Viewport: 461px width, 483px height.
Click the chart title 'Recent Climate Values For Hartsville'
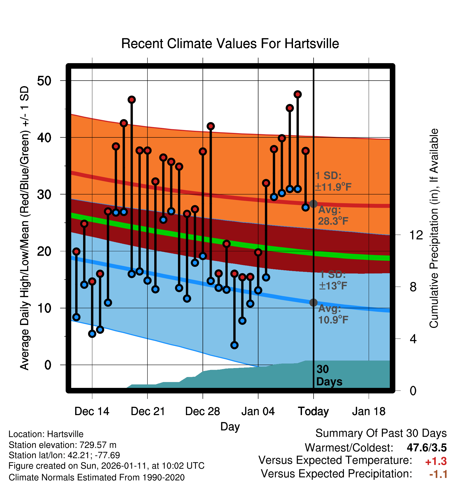click(230, 44)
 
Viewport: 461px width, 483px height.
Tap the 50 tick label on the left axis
click(44, 81)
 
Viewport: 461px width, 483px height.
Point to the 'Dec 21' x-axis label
click(148, 411)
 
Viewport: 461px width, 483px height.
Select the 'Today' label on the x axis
click(313, 411)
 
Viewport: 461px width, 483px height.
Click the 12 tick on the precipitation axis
click(416, 235)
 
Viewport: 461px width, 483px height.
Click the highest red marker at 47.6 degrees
click(298, 94)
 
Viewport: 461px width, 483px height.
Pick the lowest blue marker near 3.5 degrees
click(234, 345)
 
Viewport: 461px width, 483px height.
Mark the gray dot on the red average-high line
click(313, 204)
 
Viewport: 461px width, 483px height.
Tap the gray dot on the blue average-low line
click(313, 303)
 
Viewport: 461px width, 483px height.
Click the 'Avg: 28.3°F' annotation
click(333, 216)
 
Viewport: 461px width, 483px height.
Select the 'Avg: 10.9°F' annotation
click(333, 314)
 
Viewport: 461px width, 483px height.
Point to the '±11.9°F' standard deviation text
click(333, 187)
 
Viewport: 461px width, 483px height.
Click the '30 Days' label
click(329, 375)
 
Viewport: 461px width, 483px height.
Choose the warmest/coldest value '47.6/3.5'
click(427, 448)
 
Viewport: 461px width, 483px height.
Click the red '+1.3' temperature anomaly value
click(436, 461)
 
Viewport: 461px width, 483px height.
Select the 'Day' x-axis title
click(230, 426)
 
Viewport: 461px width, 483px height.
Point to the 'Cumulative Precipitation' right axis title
click(434, 228)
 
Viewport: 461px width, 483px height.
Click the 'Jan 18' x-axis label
click(369, 411)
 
